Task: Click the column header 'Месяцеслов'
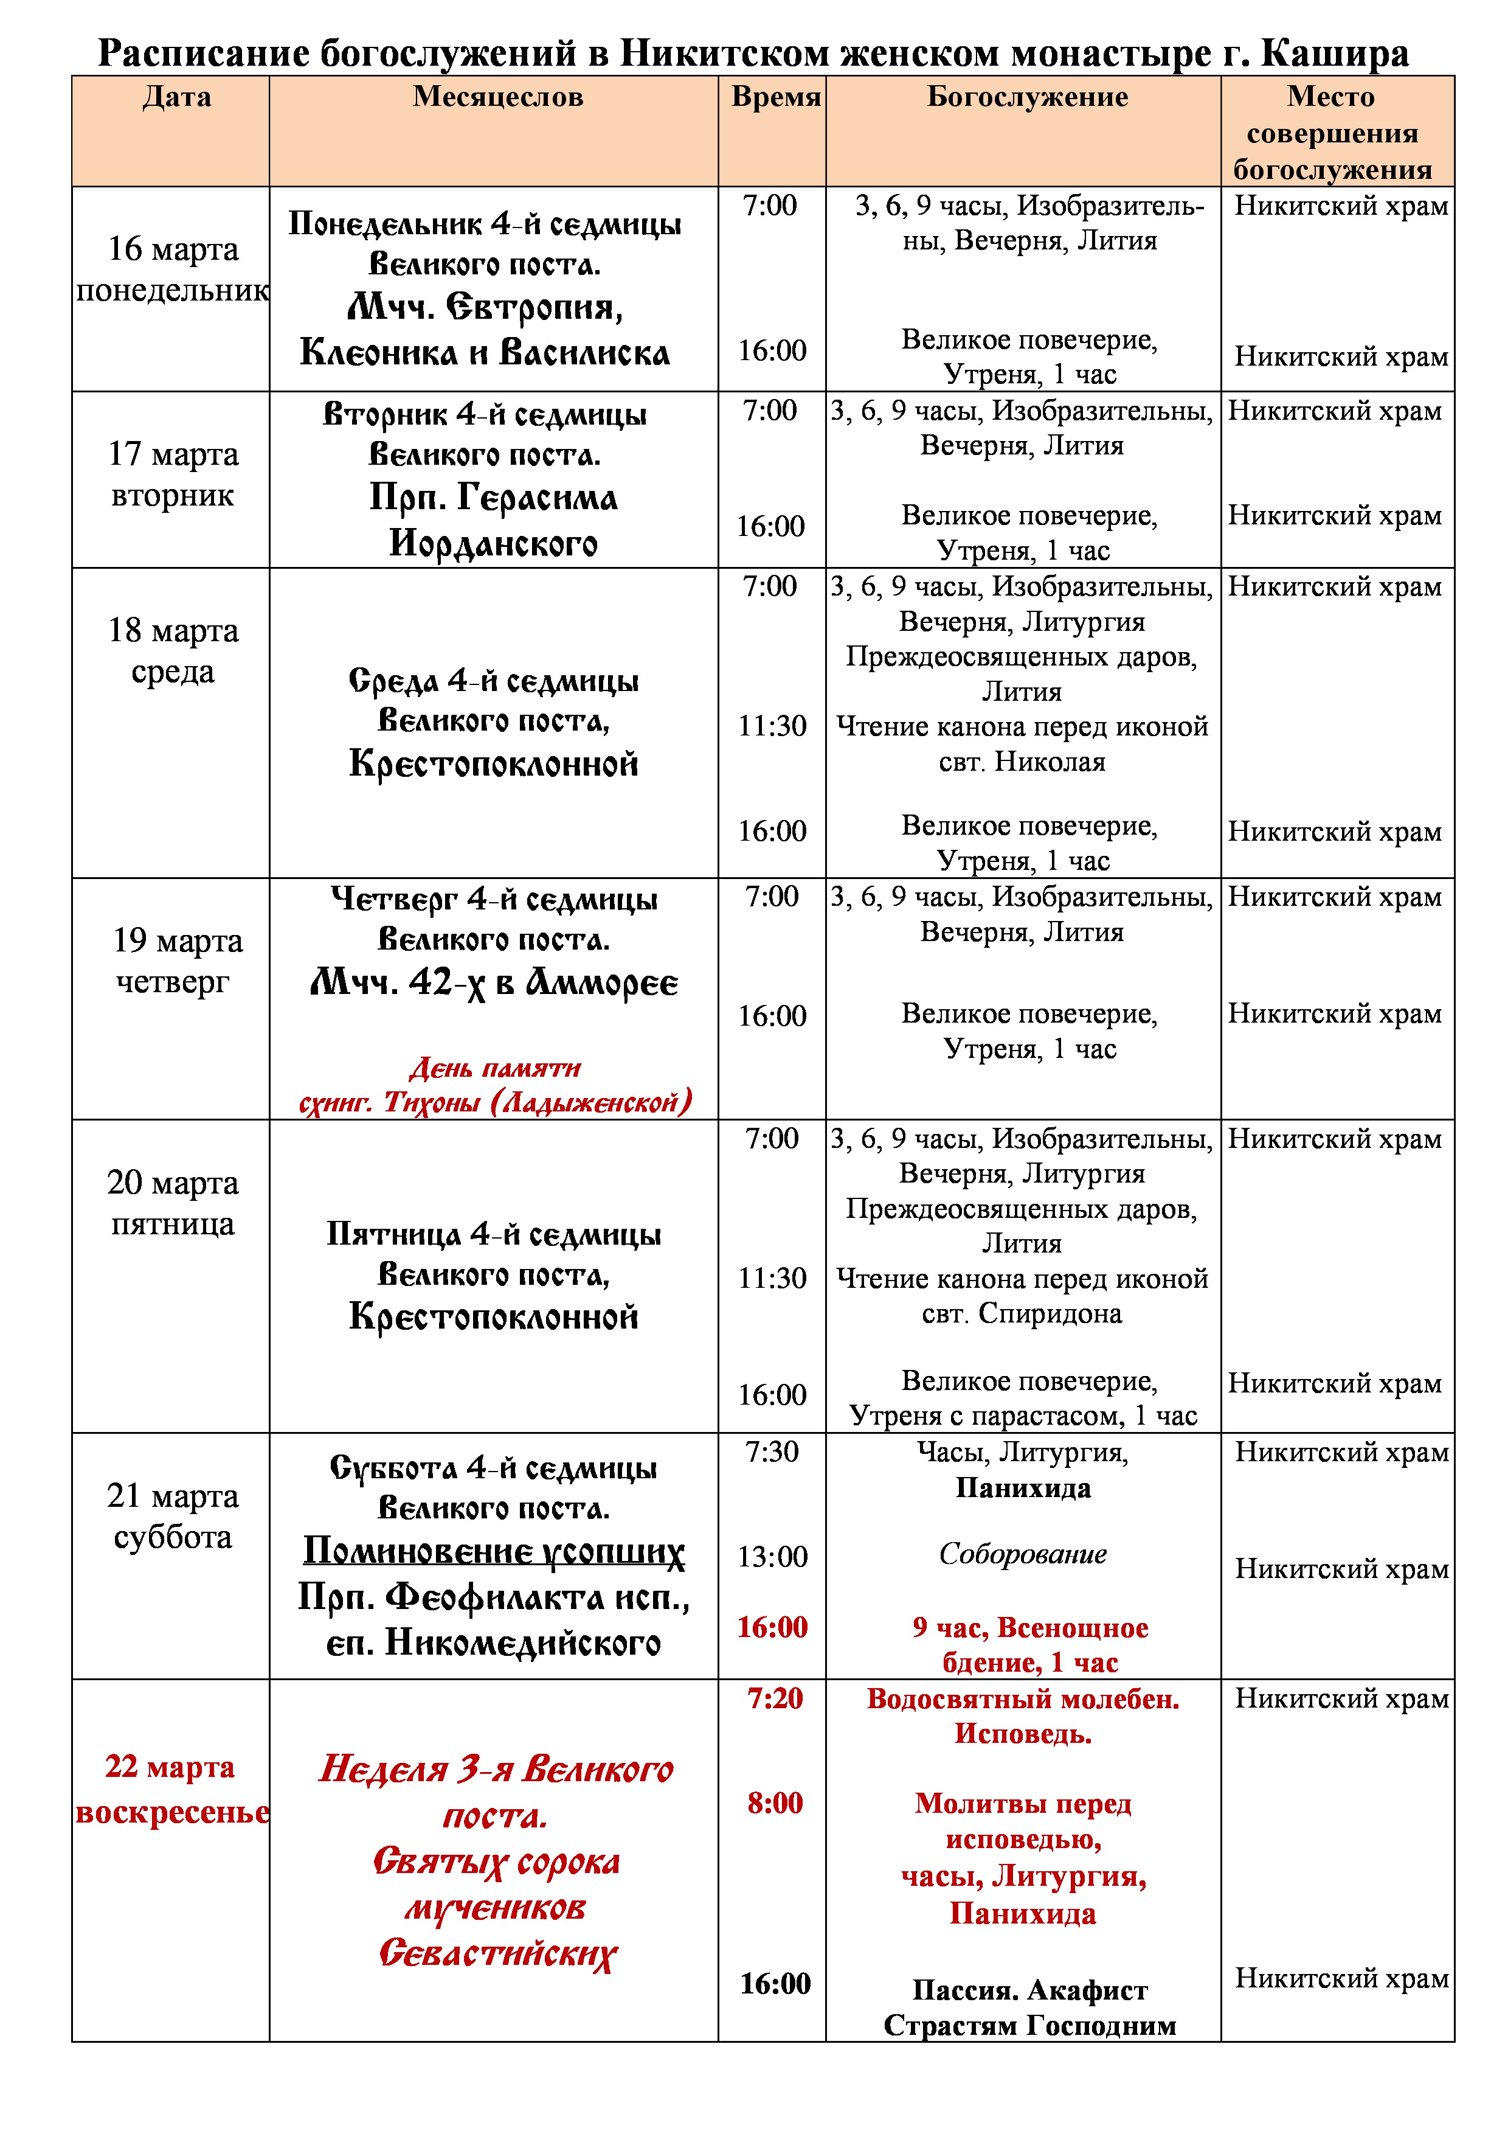(x=498, y=97)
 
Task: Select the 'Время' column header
(x=776, y=97)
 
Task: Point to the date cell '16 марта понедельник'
(x=173, y=269)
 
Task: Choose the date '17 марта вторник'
(x=173, y=474)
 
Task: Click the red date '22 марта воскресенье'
(x=171, y=1788)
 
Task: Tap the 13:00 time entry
(x=772, y=1557)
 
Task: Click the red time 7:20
(x=774, y=1698)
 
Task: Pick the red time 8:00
(x=774, y=1803)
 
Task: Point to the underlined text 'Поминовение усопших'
(x=493, y=1551)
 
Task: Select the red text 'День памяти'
(x=494, y=1068)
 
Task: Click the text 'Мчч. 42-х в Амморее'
(x=493, y=982)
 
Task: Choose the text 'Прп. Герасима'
(x=493, y=497)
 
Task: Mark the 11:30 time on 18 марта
(x=772, y=726)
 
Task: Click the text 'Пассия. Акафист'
(x=1029, y=1990)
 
